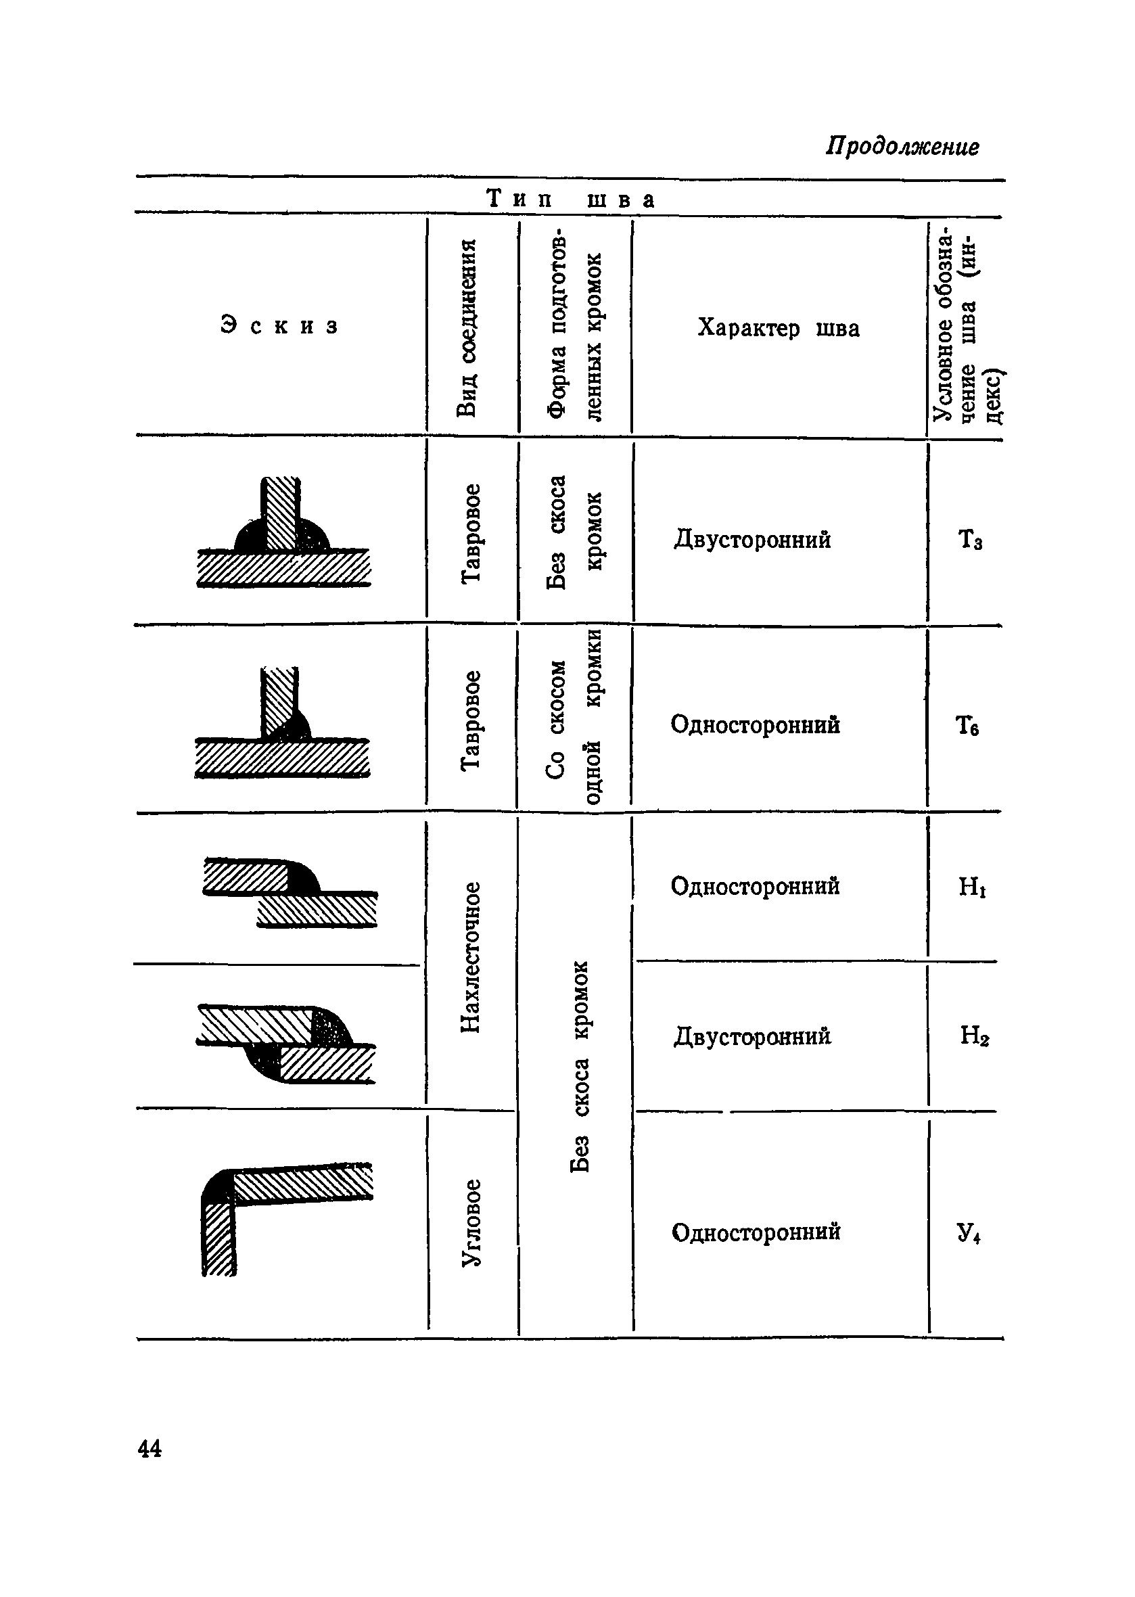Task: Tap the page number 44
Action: (x=149, y=1448)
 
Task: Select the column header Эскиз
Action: (x=279, y=325)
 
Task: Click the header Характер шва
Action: (x=778, y=328)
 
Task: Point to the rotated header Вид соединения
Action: (x=467, y=327)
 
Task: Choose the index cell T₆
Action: (x=967, y=726)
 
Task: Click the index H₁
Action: (x=971, y=887)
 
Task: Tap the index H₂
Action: (x=973, y=1035)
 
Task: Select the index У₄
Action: (x=969, y=1232)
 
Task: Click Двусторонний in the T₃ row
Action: (x=752, y=540)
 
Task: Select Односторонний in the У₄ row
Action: (x=756, y=1232)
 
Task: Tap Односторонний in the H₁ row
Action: (x=755, y=886)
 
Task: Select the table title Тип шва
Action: (x=570, y=199)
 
